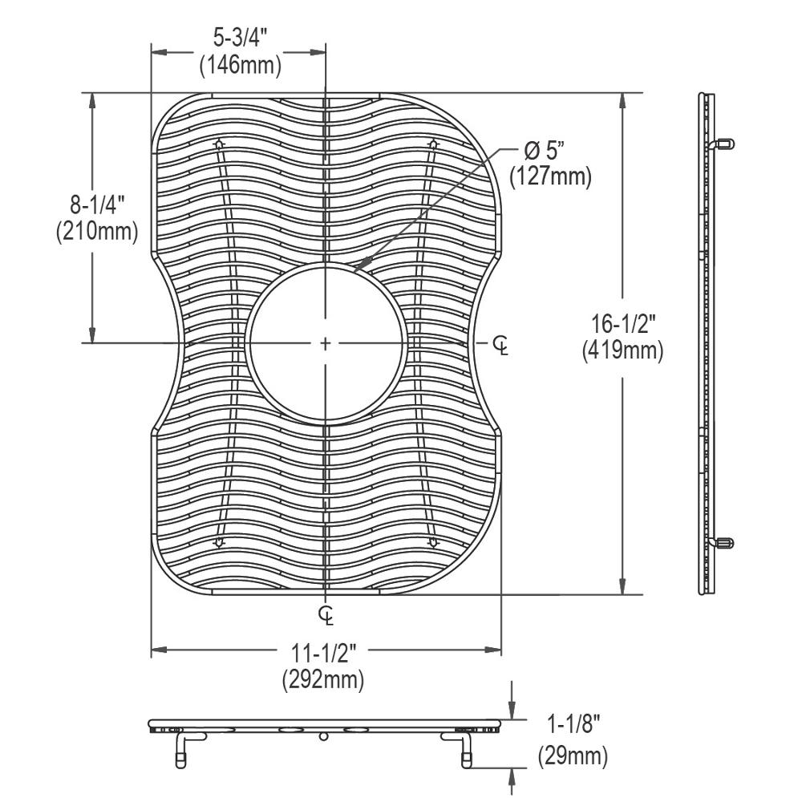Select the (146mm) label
(241, 65)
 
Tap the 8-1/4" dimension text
(97, 205)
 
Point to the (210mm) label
(97, 231)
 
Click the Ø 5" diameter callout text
(545, 151)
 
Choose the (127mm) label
(550, 176)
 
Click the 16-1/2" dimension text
(623, 324)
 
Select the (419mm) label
(623, 351)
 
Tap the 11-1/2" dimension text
(323, 653)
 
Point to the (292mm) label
(323, 680)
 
